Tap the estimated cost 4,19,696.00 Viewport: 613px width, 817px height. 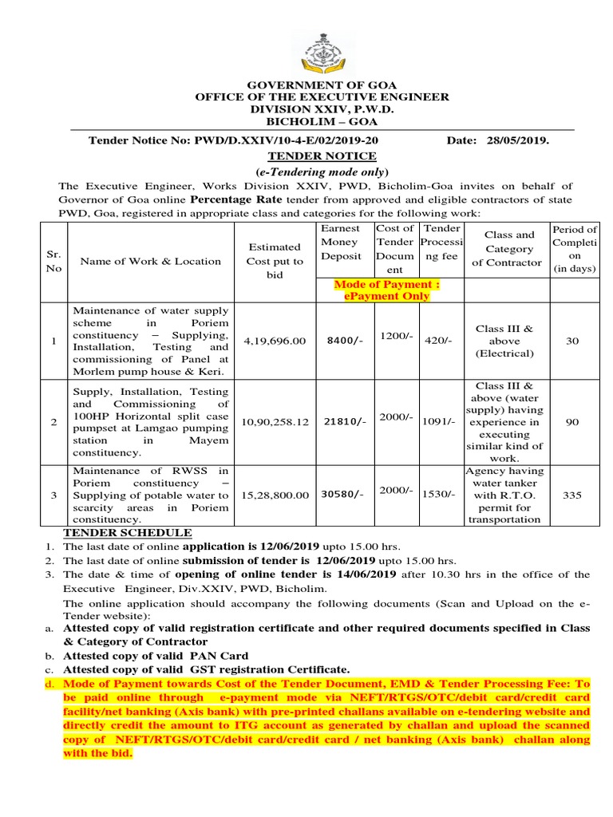(275, 341)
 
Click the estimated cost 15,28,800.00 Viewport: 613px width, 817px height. (275, 495)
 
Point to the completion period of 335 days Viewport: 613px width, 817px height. (572, 495)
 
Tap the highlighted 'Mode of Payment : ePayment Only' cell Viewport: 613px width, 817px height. (386, 290)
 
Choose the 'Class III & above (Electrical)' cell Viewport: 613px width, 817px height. (504, 341)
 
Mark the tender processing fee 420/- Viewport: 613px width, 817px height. (438, 341)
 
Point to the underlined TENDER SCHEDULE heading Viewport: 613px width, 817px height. (128, 533)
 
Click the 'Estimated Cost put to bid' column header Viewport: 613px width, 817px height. (275, 261)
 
